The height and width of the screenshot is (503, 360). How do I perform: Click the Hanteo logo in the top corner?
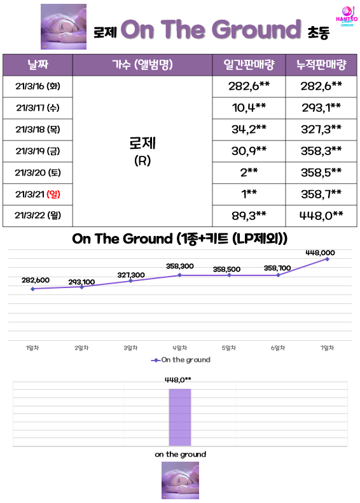(x=347, y=16)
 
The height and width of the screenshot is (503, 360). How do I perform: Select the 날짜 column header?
(x=38, y=65)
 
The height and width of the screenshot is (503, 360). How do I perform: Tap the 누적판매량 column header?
(x=321, y=65)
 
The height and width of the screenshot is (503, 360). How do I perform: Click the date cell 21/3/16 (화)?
(x=38, y=86)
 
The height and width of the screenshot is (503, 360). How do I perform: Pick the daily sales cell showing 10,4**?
(x=249, y=108)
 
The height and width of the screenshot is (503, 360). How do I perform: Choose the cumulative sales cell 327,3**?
(x=321, y=129)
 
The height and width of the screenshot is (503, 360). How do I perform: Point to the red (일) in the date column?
(x=53, y=194)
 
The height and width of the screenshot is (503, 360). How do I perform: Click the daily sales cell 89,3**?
(x=249, y=216)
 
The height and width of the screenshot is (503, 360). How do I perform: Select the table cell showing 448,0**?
(x=321, y=216)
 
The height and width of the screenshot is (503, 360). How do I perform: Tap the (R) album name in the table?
(x=142, y=160)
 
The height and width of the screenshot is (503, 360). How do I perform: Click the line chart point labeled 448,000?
(x=328, y=259)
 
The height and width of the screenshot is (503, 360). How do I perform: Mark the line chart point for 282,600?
(x=32, y=289)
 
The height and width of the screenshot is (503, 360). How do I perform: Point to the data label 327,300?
(x=131, y=275)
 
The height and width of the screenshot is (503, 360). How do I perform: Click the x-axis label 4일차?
(x=179, y=348)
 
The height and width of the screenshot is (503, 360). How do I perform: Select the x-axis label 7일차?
(x=328, y=348)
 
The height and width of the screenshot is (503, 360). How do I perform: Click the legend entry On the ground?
(x=181, y=360)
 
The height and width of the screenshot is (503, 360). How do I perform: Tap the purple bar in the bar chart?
(x=180, y=417)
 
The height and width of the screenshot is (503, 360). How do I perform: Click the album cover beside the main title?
(x=64, y=27)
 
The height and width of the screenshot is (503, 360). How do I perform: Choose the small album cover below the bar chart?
(x=180, y=480)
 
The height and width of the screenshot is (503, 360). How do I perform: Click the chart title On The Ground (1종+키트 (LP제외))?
(x=179, y=238)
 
